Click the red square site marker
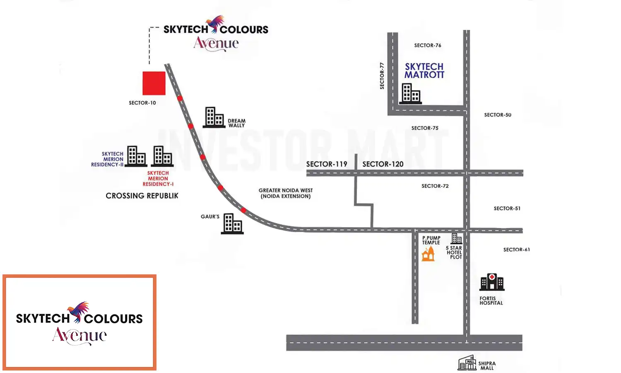pyautogui.click(x=154, y=83)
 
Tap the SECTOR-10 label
pyautogui.click(x=142, y=103)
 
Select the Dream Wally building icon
pyautogui.click(x=214, y=117)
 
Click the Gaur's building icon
pyautogui.click(x=233, y=224)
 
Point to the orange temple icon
pyautogui.click(x=428, y=253)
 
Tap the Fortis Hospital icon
pyautogui.click(x=492, y=282)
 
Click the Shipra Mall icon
pyautogui.click(x=467, y=363)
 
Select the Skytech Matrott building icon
pyautogui.click(x=410, y=94)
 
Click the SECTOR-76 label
pyautogui.click(x=428, y=45)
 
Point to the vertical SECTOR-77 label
pyautogui.click(x=382, y=76)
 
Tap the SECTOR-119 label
pyautogui.click(x=327, y=164)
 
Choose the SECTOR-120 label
pyautogui.click(x=383, y=164)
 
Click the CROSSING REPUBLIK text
pyautogui.click(x=142, y=196)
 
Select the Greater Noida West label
pyautogui.click(x=286, y=193)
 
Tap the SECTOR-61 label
pyautogui.click(x=516, y=249)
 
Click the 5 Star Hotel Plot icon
pyautogui.click(x=456, y=238)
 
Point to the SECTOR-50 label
pyautogui.click(x=498, y=115)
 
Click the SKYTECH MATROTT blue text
pyautogui.click(x=424, y=71)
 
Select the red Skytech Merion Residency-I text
pyautogui.click(x=158, y=179)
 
